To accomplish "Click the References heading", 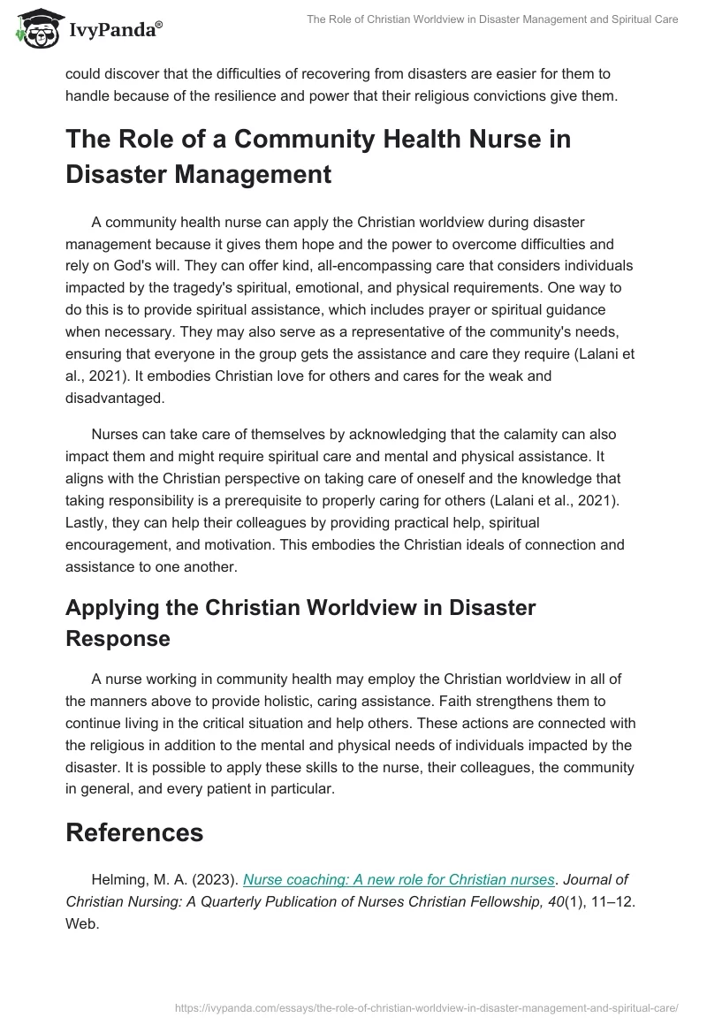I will click(x=134, y=832).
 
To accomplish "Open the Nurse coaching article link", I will click(x=399, y=880).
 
